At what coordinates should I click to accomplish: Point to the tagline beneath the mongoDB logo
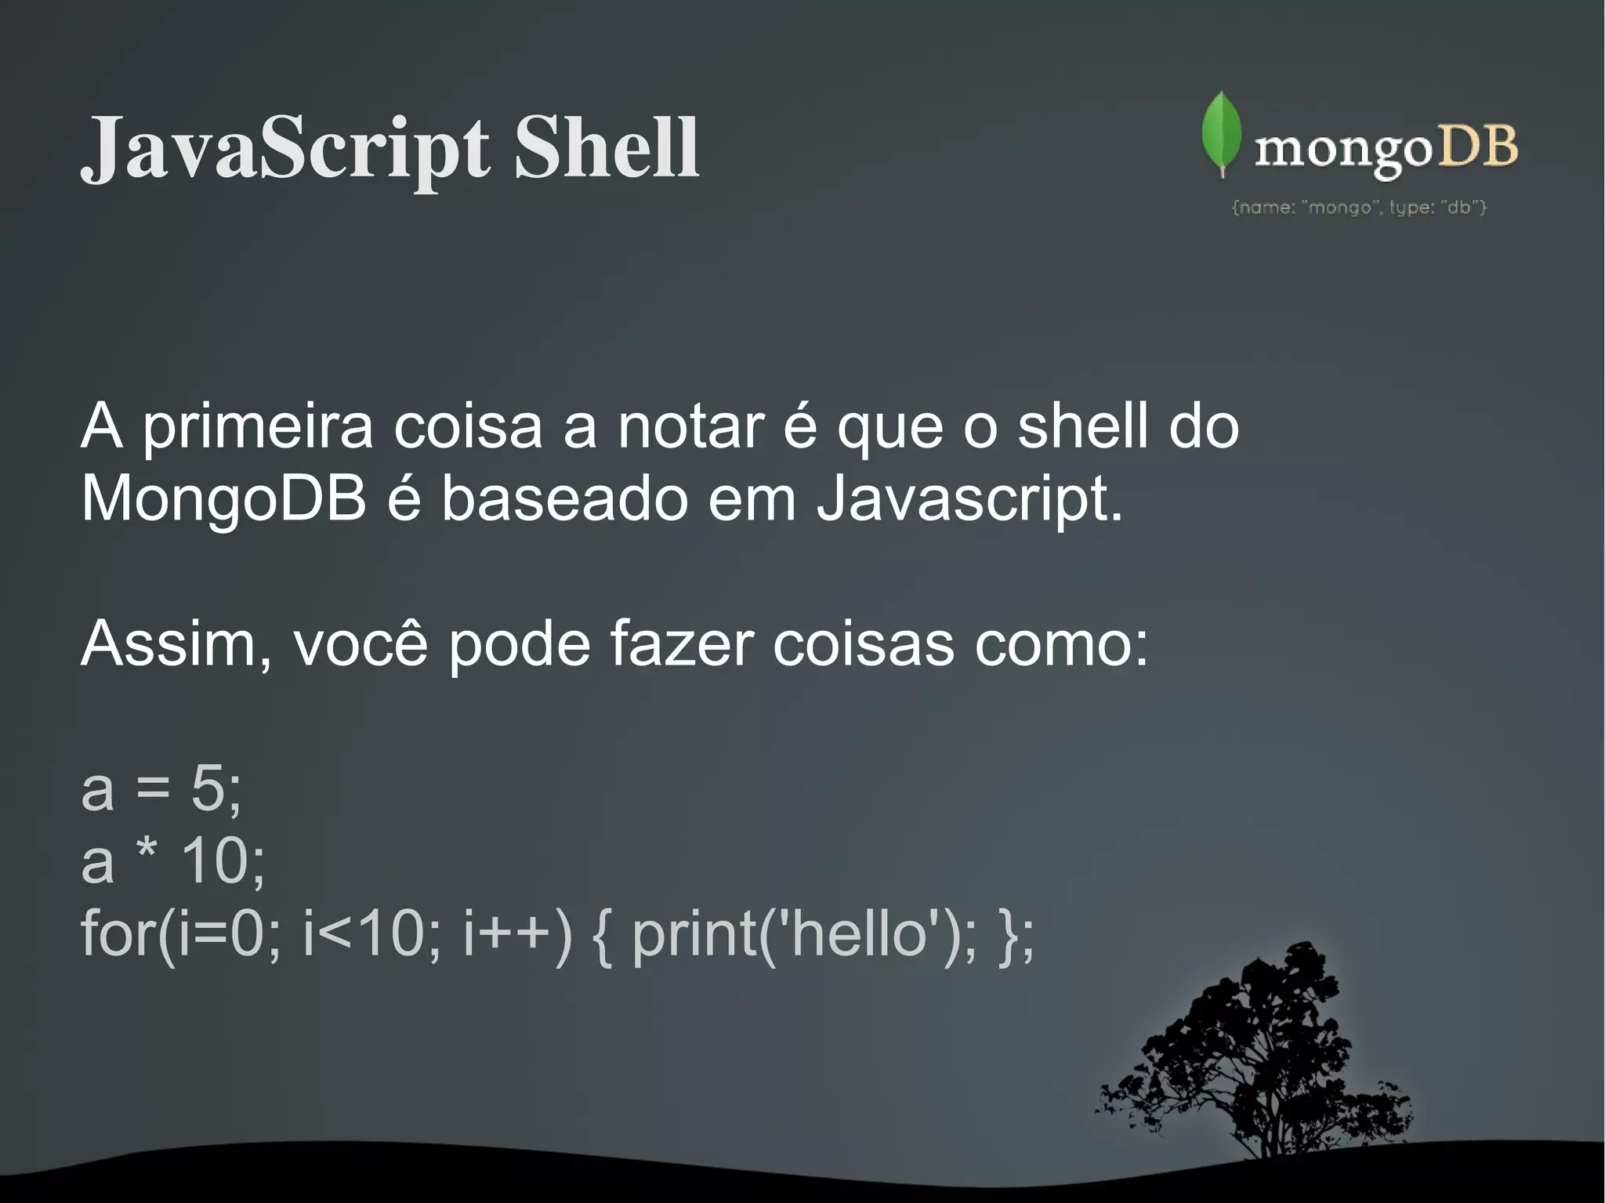(x=1359, y=208)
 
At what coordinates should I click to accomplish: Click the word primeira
(x=256, y=428)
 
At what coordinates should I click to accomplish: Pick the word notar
(x=690, y=428)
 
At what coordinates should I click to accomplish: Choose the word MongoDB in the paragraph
(x=224, y=499)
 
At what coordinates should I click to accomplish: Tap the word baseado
(x=564, y=499)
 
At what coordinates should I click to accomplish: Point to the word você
(x=360, y=644)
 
